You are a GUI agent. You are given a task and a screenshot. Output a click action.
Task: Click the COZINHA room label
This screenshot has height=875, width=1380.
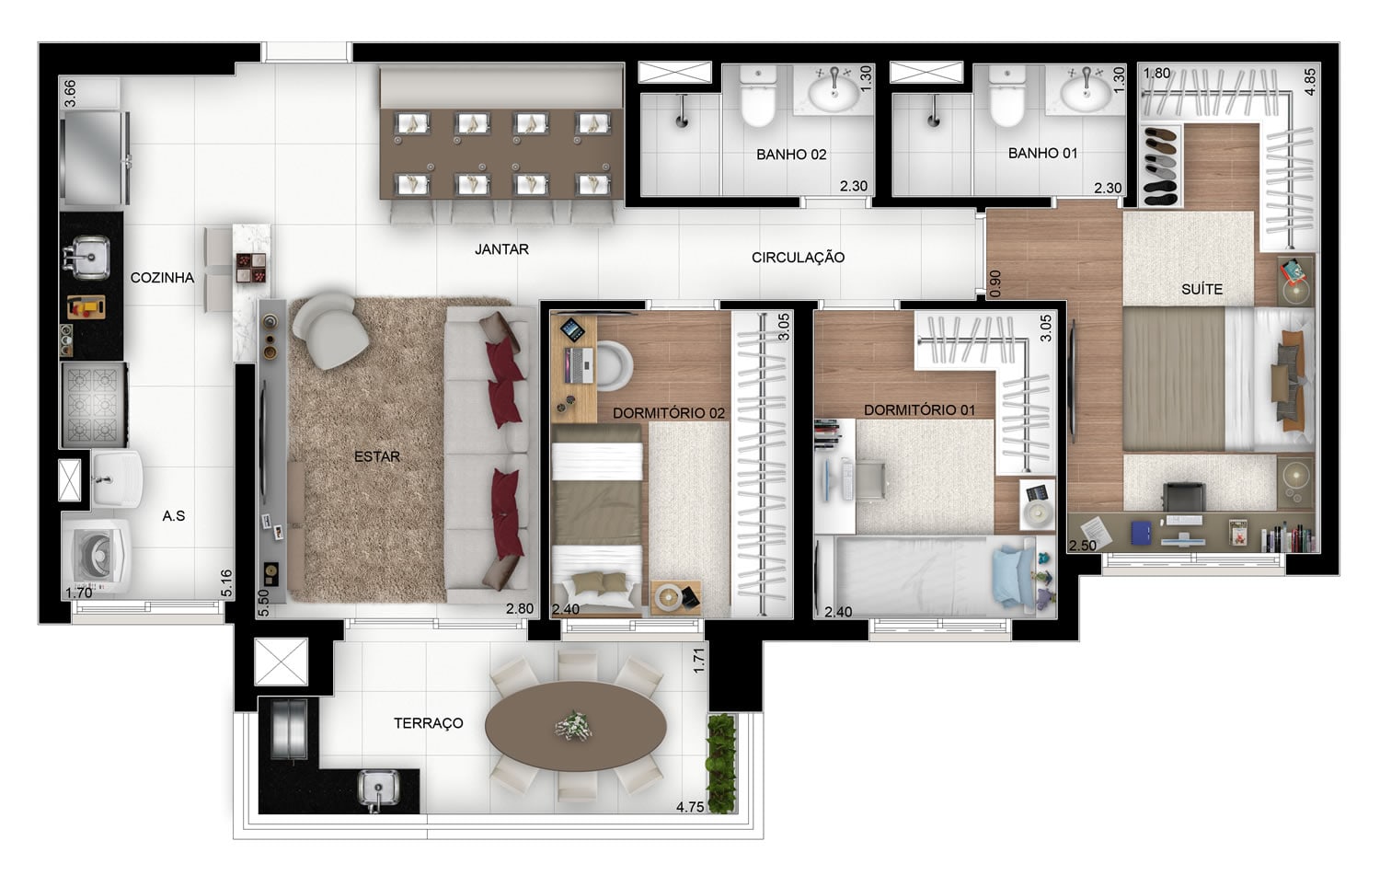tap(162, 278)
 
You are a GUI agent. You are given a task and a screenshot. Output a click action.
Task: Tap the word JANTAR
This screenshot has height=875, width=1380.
tap(501, 249)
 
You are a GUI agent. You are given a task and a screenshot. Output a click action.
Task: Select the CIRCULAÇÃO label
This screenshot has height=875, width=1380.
tap(798, 258)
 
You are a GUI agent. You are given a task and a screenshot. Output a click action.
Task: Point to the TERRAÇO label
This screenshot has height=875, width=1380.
tap(428, 723)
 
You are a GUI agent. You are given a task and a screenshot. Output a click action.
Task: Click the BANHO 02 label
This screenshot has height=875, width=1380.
tap(791, 155)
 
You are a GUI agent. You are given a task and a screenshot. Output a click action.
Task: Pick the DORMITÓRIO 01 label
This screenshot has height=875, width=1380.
tap(919, 409)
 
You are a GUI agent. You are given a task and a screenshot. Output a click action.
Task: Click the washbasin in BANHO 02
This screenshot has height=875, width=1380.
tap(834, 90)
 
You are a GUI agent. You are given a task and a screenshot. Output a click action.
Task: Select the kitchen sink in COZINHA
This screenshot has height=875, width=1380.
tap(86, 257)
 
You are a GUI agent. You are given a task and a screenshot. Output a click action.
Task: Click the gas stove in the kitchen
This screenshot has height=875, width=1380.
tap(94, 405)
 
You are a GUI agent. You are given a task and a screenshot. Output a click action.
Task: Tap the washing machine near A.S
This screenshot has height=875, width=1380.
tap(98, 555)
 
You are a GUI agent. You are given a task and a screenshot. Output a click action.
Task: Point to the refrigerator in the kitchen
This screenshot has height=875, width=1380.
tap(94, 157)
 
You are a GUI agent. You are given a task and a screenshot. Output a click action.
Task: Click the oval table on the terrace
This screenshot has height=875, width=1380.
tap(575, 726)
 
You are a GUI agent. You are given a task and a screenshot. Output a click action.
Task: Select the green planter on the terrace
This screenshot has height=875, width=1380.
tap(721, 763)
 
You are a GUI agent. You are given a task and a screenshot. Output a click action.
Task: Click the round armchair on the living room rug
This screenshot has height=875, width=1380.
tap(330, 331)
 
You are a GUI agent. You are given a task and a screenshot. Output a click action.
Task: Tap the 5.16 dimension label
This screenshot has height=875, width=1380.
tap(226, 583)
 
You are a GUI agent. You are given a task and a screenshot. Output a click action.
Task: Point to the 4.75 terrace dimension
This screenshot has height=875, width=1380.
tap(689, 807)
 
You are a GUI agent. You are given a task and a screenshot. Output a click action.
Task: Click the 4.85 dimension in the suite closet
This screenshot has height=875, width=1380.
tap(1310, 81)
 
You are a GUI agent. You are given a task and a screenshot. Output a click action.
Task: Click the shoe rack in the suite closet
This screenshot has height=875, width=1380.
tap(1161, 166)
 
